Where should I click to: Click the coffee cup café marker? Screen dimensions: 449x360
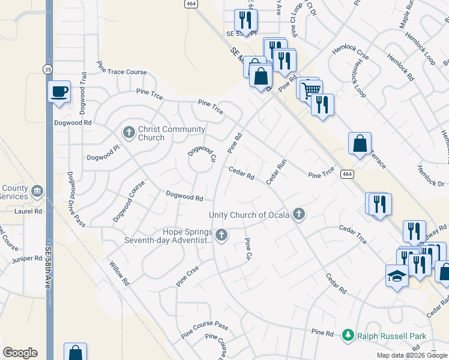(x=59, y=92)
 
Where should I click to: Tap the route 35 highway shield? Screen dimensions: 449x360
(x=47, y=69)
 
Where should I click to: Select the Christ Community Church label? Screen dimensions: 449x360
(x=151, y=133)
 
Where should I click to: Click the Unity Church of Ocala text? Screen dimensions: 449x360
(x=249, y=215)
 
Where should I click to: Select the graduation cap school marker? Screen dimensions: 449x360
(x=397, y=276)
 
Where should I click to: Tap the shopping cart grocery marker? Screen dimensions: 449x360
(x=310, y=89)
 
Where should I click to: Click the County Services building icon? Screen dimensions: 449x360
(x=37, y=191)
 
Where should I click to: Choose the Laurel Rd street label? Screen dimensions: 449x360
(x=29, y=211)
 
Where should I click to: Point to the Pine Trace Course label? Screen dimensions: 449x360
(x=122, y=72)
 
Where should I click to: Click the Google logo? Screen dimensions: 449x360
(x=20, y=353)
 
